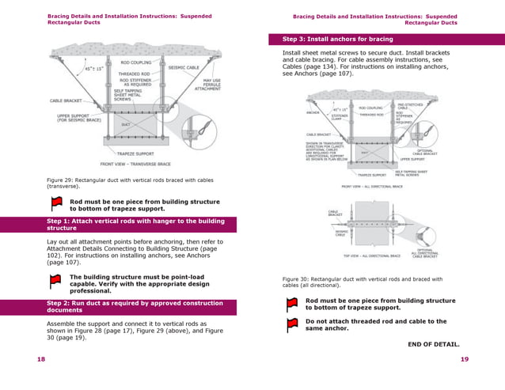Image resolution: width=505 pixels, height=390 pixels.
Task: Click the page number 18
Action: pyautogui.click(x=40, y=359)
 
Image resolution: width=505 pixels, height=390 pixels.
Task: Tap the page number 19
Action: pyautogui.click(x=465, y=359)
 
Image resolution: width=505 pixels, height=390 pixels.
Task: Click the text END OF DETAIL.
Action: pyautogui.click(x=433, y=343)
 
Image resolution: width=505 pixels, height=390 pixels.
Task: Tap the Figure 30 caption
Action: pyautogui.click(x=362, y=282)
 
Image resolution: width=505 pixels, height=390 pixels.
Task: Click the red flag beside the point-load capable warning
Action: pyautogui.click(x=55, y=280)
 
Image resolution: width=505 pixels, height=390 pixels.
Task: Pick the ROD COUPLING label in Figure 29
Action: pyautogui.click(x=135, y=62)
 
